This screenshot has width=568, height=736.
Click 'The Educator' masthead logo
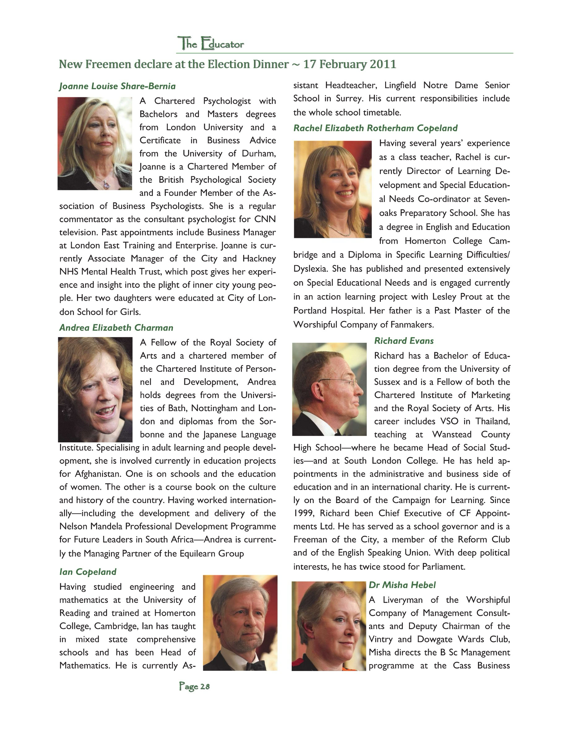211,44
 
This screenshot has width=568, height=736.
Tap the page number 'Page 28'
194,686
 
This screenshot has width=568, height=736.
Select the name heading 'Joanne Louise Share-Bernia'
118,86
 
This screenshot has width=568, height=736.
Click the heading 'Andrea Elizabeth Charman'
116,327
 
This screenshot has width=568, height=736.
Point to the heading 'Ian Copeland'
88,572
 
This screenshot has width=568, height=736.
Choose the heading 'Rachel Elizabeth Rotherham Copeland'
376,128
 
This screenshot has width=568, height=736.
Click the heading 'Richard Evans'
404,341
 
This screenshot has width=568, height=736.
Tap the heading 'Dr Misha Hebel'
402,585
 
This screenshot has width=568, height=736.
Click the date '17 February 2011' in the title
350,64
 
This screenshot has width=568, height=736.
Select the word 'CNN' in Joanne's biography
265,219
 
